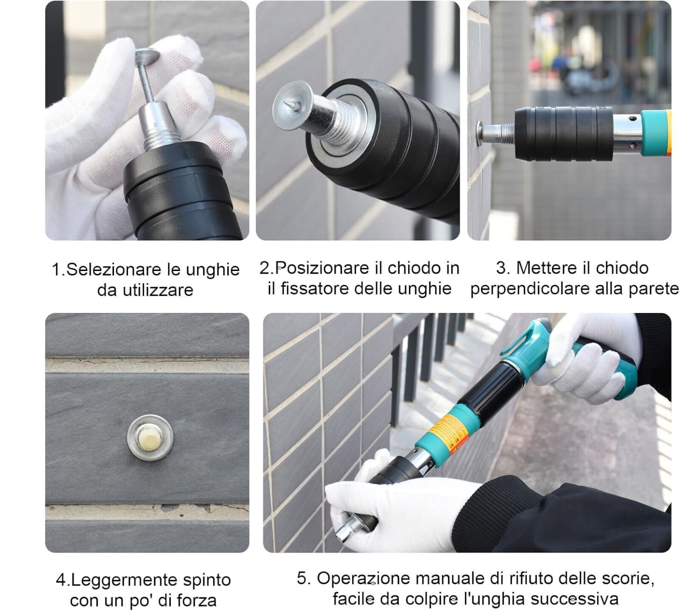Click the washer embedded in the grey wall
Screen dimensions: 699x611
coord(150,437)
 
